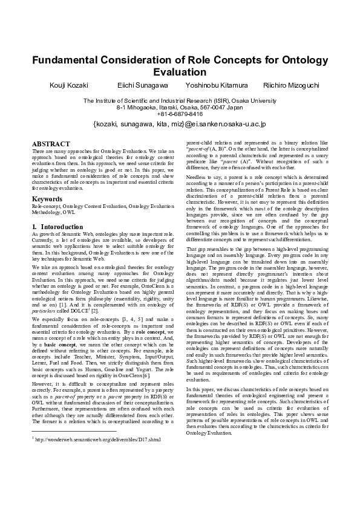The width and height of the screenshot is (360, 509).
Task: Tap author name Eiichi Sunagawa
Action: tap(142, 86)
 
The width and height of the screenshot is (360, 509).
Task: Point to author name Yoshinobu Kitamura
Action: tap(215, 86)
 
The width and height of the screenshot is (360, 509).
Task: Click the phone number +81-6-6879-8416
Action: tap(180, 114)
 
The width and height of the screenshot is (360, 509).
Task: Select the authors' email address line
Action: tap(180, 124)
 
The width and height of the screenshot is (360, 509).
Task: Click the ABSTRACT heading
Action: tap(51, 144)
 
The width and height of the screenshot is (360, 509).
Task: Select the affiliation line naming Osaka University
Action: tap(180, 100)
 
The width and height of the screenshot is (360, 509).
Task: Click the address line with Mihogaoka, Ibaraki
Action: tap(180, 107)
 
